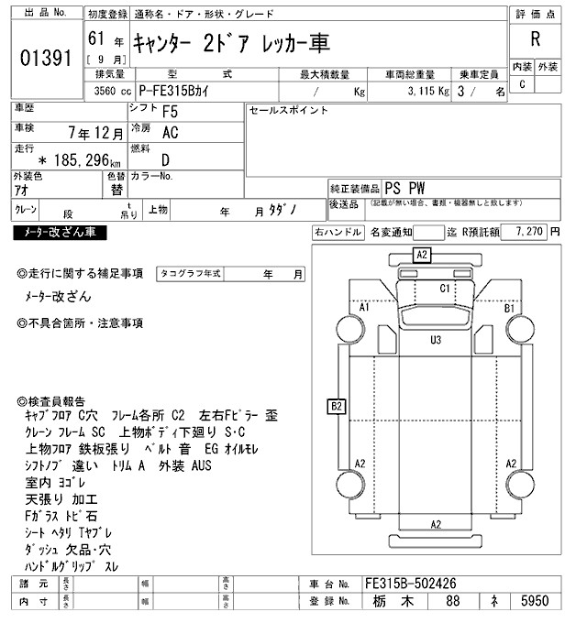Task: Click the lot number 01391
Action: pos(45,59)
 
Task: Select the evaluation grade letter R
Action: pos(535,39)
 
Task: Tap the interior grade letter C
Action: pos(522,84)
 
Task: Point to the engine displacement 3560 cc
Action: pos(106,92)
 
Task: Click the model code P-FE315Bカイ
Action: pos(185,92)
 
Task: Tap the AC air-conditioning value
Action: pos(170,132)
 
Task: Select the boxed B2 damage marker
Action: pos(337,405)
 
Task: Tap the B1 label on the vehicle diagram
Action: pos(510,308)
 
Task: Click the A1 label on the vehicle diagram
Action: pos(363,307)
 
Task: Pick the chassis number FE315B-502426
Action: pos(411,584)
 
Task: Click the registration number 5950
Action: pos(535,602)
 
